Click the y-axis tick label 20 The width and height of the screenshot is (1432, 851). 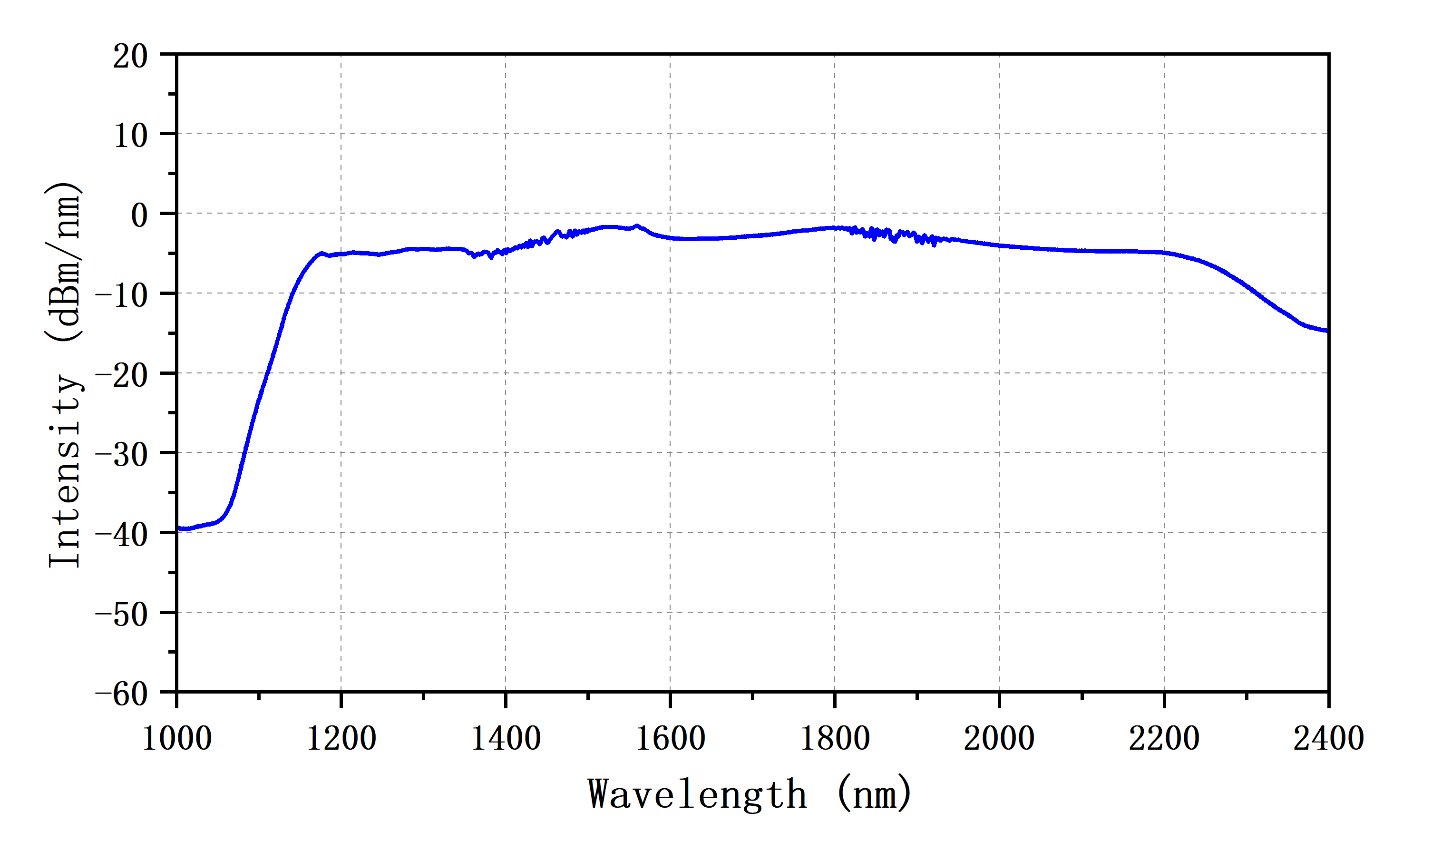point(130,57)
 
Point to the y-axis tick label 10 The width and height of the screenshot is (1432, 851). point(130,137)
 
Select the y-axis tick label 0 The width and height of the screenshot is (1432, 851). point(139,216)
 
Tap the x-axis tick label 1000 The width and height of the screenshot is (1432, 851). point(176,738)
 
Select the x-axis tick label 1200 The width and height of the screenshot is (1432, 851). point(341,738)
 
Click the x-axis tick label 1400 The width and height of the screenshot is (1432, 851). point(506,738)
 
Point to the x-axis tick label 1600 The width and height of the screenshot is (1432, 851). point(670,738)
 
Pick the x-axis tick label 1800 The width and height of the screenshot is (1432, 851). point(835,738)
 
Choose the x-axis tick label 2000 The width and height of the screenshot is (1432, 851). point(999,738)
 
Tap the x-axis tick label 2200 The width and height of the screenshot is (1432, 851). point(1164,738)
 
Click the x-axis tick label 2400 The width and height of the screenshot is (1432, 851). point(1328,738)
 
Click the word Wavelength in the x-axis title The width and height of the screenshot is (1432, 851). point(698,795)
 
